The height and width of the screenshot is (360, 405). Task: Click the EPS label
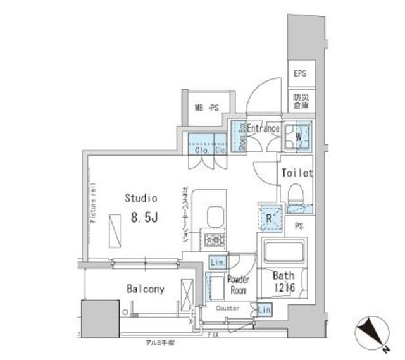click(x=300, y=74)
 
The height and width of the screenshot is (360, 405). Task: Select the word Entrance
click(x=263, y=128)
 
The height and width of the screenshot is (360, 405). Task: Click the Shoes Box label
click(x=241, y=136)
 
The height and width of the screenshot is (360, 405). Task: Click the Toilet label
click(x=297, y=172)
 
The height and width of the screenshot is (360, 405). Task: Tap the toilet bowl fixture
click(x=296, y=196)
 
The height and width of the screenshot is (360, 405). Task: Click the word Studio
click(x=140, y=198)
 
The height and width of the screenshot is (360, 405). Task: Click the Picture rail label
click(x=92, y=202)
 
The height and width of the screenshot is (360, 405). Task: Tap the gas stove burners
click(x=212, y=240)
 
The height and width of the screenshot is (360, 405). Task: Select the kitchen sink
click(x=213, y=217)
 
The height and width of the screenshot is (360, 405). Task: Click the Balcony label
click(x=145, y=289)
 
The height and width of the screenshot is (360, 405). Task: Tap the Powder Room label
click(x=238, y=284)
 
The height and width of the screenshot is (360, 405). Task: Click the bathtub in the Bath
click(x=283, y=253)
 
